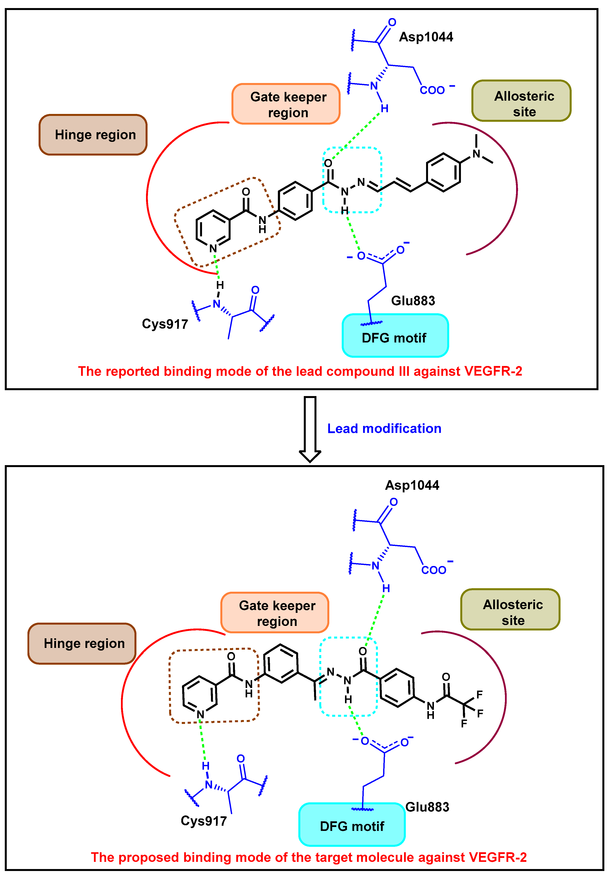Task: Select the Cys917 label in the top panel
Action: [165, 324]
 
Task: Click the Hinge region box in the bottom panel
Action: [82, 643]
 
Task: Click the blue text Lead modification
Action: [384, 429]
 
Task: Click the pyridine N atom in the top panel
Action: [213, 248]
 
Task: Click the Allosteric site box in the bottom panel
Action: [510, 609]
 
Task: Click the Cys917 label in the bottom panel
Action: [204, 821]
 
